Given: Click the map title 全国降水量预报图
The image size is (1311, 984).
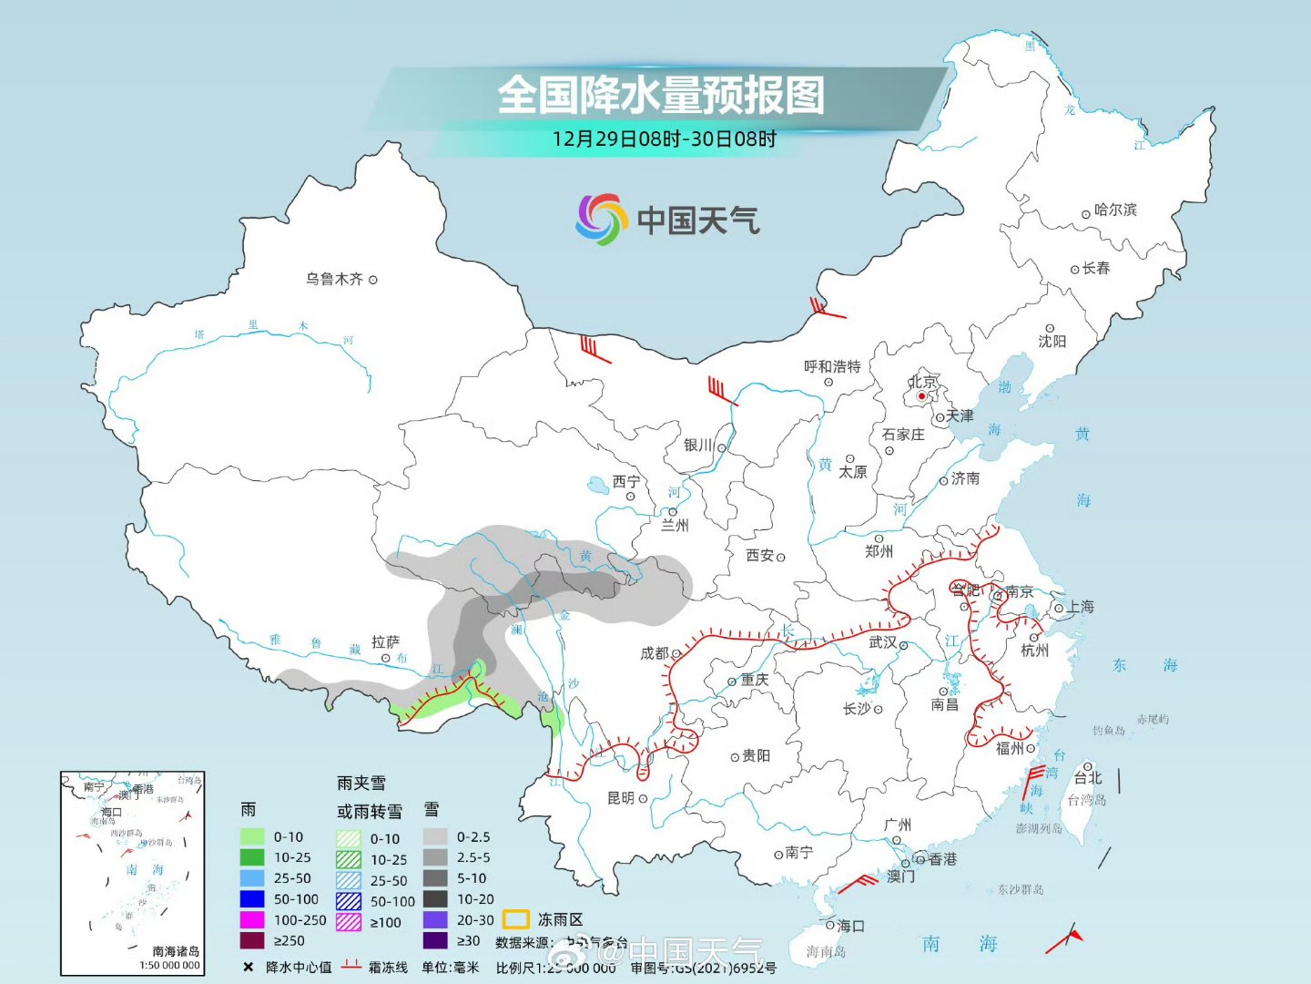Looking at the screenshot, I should (x=661, y=95).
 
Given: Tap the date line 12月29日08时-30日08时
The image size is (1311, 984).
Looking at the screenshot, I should (x=664, y=139).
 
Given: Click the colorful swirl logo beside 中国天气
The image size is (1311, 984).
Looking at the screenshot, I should (x=602, y=219).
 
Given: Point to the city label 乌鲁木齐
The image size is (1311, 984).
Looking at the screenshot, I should (x=334, y=279).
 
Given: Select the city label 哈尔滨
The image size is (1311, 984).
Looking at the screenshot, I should (x=1115, y=210).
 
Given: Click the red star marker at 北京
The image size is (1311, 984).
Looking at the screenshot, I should (x=921, y=396).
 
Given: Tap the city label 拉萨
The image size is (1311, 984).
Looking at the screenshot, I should (x=385, y=641).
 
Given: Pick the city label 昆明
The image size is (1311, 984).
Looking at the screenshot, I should (x=621, y=798).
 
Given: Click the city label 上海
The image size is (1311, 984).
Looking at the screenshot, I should (x=1081, y=607).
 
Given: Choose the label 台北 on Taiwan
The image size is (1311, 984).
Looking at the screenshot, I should (x=1088, y=777).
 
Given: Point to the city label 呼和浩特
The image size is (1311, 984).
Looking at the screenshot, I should (x=832, y=366).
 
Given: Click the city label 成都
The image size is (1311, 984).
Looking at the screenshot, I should (x=655, y=653).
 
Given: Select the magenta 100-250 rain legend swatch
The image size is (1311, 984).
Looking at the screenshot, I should (x=252, y=920).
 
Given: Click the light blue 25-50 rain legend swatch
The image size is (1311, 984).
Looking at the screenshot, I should (x=252, y=878).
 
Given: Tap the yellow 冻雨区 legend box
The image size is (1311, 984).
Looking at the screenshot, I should (x=516, y=919).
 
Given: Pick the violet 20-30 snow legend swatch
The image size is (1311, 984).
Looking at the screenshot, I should (x=435, y=920).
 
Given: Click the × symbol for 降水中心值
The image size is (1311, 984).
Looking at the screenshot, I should (x=248, y=967).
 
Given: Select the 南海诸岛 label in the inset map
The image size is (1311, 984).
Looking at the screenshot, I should (x=175, y=951).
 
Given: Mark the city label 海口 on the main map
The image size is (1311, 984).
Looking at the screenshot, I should (x=850, y=926).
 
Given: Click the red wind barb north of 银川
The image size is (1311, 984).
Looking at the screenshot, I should (x=721, y=391).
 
